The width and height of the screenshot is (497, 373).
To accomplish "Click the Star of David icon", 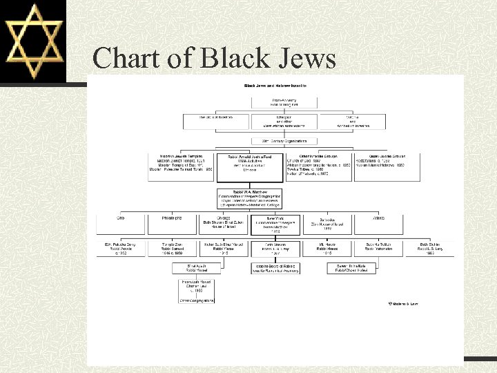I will pos(33,41).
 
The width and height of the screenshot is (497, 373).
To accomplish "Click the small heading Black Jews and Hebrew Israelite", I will pos(275,86).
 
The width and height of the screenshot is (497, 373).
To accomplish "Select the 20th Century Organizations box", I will pos(275,141).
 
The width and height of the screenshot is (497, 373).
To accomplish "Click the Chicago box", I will pos(224,224).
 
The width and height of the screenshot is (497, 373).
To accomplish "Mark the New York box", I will pos(275,224).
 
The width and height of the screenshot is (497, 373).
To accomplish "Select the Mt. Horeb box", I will pos(327,249).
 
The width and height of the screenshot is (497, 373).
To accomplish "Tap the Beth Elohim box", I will pos(429,249).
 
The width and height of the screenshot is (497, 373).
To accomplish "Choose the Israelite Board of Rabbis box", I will pos(275,269).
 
